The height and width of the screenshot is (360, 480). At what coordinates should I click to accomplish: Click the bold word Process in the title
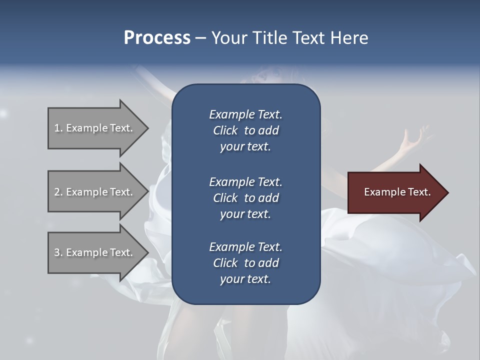[157, 38]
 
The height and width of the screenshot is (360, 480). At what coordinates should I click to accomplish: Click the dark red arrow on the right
[395, 192]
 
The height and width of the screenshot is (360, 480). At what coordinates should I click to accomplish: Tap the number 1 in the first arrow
[57, 128]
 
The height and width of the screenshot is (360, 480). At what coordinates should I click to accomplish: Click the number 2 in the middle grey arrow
[57, 192]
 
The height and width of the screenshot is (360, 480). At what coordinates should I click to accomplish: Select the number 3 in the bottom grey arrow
[57, 252]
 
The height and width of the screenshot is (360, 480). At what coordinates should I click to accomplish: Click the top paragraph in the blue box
[245, 130]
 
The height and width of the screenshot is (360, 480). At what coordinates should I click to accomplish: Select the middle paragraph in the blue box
[245, 198]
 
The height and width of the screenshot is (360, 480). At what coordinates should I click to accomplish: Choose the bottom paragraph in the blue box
[245, 263]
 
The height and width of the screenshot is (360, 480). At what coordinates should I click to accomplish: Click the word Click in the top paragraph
[225, 130]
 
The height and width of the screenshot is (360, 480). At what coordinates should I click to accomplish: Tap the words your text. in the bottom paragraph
[245, 279]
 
